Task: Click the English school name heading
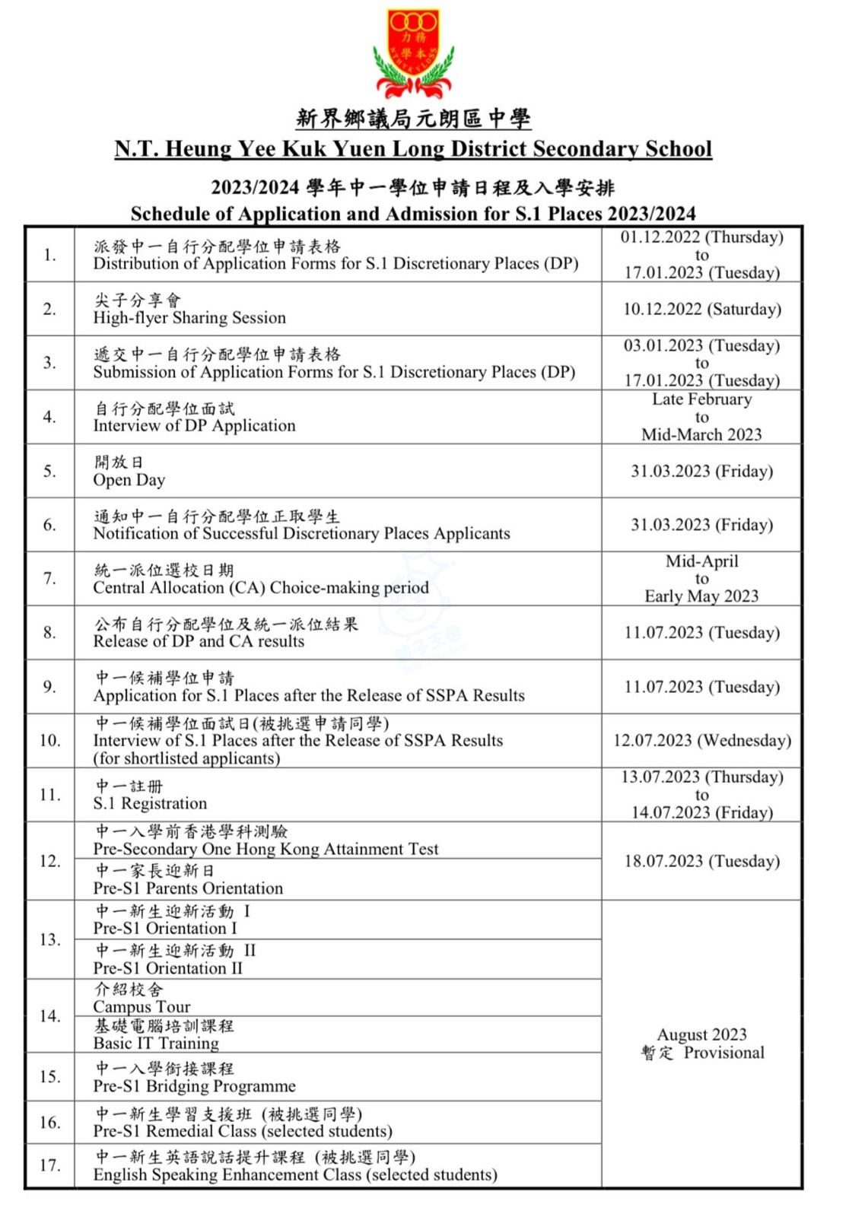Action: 413,148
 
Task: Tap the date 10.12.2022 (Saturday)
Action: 701,309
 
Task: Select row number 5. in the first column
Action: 49,471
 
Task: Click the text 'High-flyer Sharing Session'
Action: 189,318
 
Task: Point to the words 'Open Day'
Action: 129,480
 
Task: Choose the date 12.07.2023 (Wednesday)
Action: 701,740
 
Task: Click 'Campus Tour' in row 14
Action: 142,1007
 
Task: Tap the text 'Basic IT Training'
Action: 156,1044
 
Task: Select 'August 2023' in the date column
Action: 701,1034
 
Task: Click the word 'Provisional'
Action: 724,1053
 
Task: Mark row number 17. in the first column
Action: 49,1165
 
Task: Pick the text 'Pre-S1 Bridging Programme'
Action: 194,1086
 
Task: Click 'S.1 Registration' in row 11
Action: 150,803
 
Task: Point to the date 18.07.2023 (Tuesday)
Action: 701,861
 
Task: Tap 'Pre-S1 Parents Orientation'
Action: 188,888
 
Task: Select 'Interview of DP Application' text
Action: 194,426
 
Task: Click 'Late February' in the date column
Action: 701,399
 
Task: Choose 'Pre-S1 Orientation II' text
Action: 167,968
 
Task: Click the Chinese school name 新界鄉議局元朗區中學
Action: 413,119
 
